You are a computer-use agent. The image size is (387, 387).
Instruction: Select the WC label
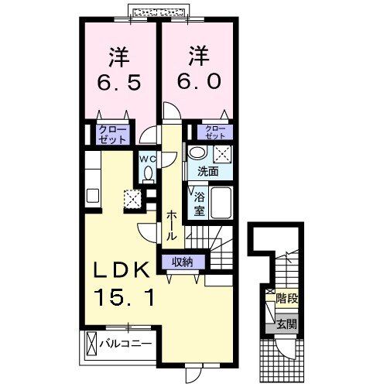pyautogui.click(x=149, y=159)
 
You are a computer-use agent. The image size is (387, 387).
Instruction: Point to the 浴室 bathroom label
pyautogui.click(x=198, y=203)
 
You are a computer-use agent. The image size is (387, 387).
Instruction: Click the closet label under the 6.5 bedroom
pyautogui.click(x=113, y=135)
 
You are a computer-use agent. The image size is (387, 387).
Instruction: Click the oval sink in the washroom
pyautogui.click(x=198, y=152)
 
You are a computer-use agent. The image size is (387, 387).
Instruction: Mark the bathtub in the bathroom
pyautogui.click(x=224, y=203)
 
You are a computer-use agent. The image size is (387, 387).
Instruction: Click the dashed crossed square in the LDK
pyautogui.click(x=132, y=199)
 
